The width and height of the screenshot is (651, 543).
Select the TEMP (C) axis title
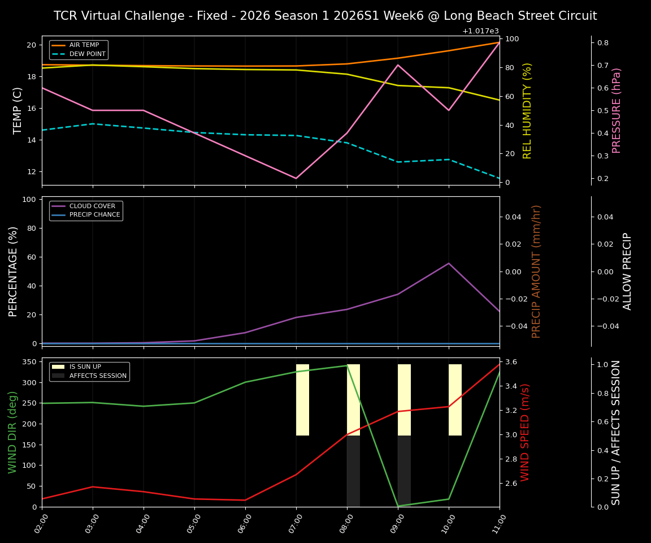[x=18, y=110]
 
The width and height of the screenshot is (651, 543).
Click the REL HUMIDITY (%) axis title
[x=528, y=110]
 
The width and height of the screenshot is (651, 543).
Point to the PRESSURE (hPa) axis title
[x=617, y=110]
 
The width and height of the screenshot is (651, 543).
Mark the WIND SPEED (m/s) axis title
[x=526, y=432]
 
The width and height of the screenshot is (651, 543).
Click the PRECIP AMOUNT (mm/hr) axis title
[x=537, y=271]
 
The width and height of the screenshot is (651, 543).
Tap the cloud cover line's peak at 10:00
[x=449, y=263]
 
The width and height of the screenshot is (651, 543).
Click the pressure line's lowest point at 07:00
[x=296, y=178]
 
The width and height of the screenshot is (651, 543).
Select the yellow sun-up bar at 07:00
[x=302, y=400]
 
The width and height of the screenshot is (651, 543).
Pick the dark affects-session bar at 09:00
[x=404, y=471]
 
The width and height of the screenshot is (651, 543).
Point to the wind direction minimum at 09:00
[x=398, y=506]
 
